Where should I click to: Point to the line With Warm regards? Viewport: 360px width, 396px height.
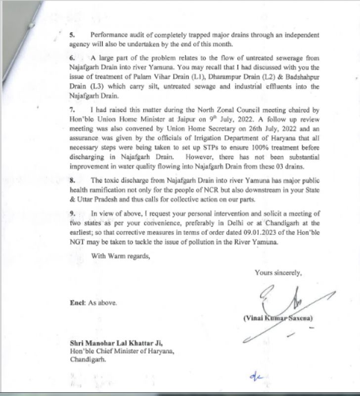tap(120, 256)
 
